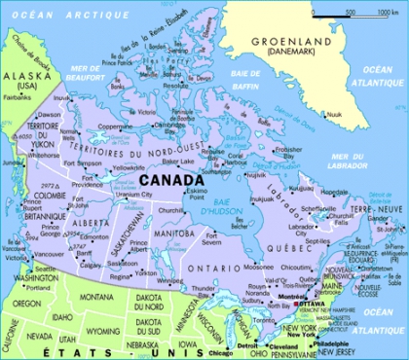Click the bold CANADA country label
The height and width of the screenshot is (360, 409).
click(x=170, y=180)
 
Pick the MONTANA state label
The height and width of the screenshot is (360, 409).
click(x=96, y=297)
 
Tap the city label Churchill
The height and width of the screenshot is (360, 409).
click(x=171, y=209)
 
